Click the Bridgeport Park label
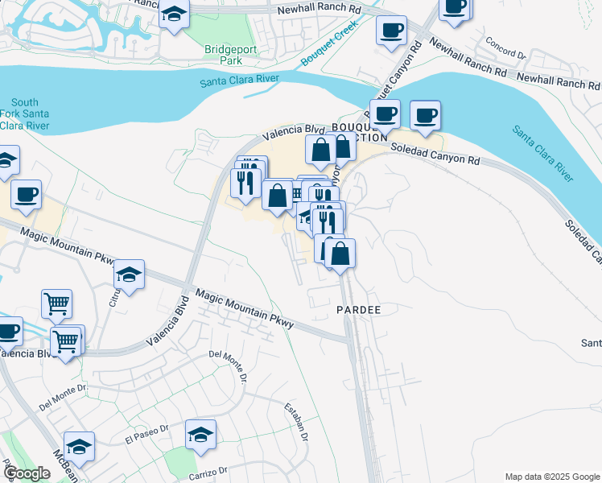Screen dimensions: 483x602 click(223, 54)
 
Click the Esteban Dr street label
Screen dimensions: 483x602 click(296, 422)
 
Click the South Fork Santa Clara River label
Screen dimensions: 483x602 click(24, 114)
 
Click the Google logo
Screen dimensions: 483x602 click(27, 473)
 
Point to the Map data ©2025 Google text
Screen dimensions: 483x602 click(551, 477)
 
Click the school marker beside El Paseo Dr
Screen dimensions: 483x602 click(200, 436)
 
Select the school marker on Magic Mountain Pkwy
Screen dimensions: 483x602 click(129, 275)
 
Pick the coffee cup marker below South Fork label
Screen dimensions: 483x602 click(26, 195)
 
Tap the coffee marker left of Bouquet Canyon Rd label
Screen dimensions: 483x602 click(391, 31)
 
